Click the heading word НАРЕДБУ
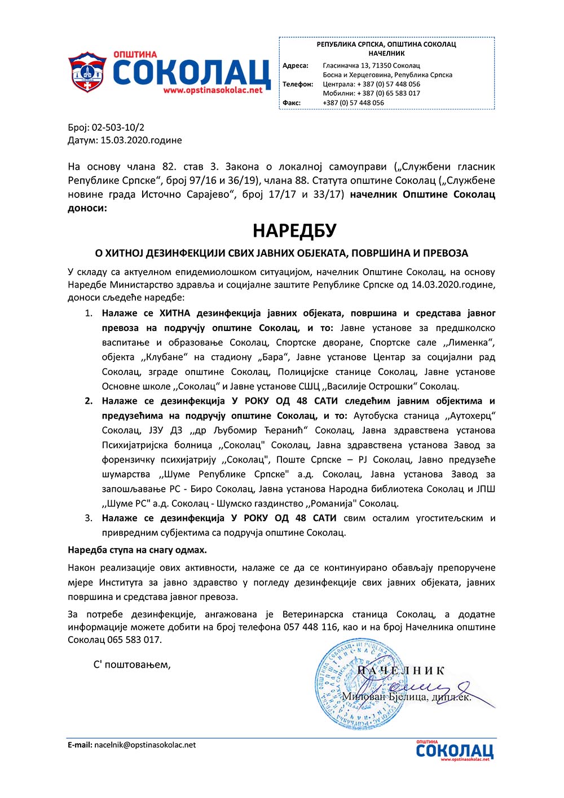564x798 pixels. pyautogui.click(x=294, y=231)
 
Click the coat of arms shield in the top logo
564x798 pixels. pyautogui.click(x=87, y=73)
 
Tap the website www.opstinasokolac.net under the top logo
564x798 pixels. pyautogui.click(x=213, y=90)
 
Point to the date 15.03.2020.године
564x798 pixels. pyautogui.click(x=141, y=140)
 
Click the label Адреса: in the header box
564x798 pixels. pyautogui.click(x=296, y=65)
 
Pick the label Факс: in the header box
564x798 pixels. pyautogui.click(x=292, y=103)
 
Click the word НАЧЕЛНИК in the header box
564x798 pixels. pyautogui.click(x=386, y=53)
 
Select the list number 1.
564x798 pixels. pyautogui.click(x=89, y=313)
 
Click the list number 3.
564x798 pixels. pyautogui.click(x=89, y=518)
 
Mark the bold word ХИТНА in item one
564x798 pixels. pyautogui.click(x=175, y=313)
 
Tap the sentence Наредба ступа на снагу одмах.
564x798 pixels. pyautogui.click(x=137, y=549)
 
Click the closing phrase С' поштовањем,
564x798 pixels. pyautogui.click(x=132, y=664)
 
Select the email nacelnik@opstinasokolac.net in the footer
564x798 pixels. pyautogui.click(x=145, y=745)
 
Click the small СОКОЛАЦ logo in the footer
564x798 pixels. pyautogui.click(x=455, y=751)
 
